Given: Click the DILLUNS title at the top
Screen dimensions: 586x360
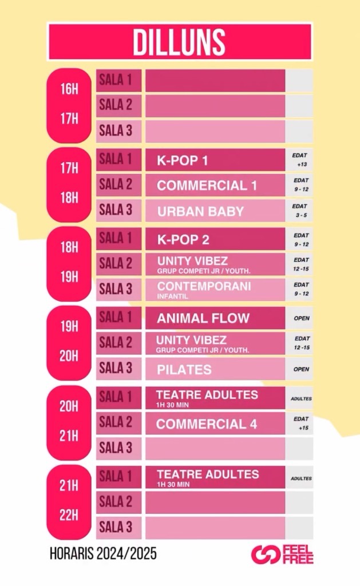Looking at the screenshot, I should click(179, 42).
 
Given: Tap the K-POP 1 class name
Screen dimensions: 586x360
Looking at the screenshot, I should click(183, 161).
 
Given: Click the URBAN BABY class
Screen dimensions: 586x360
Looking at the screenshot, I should click(200, 211).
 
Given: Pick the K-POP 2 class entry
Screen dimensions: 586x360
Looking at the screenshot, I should click(183, 240).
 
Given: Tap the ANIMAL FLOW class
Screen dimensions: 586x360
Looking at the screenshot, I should click(203, 318).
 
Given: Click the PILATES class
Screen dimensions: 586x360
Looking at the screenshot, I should click(184, 370).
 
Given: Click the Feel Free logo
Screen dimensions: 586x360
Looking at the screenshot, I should click(282, 555).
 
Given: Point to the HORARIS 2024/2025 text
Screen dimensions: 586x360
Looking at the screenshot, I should click(102, 554).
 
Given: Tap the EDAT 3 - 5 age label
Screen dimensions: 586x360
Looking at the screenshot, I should click(300, 211).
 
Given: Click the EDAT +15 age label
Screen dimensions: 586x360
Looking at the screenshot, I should click(301, 423).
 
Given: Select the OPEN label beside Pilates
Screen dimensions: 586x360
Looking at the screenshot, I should click(301, 370).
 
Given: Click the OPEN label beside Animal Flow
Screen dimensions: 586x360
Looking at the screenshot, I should click(301, 319).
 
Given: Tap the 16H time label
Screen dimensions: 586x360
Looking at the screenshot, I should click(69, 89).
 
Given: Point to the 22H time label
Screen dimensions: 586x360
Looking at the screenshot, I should click(69, 514).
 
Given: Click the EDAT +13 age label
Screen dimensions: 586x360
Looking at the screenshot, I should click(300, 160).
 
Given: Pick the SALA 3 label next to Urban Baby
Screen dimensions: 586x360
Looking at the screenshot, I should click(116, 210).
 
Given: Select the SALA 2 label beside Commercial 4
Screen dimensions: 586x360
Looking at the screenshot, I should click(116, 422).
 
